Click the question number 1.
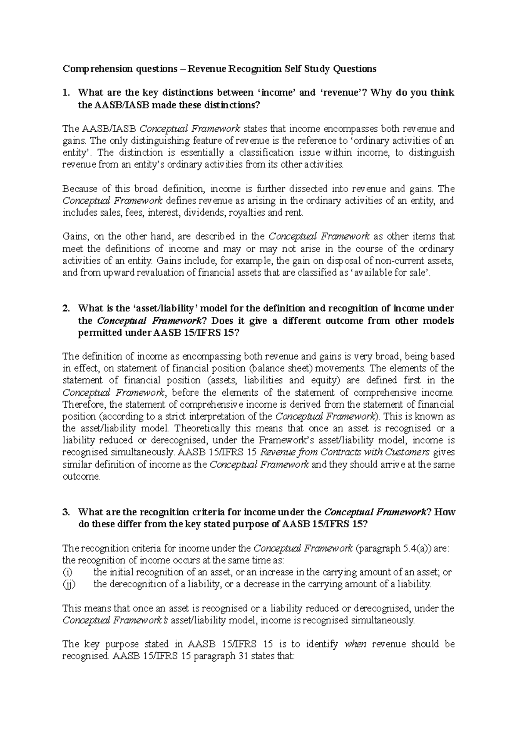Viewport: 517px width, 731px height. coord(65,93)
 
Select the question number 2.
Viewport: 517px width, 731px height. coord(65,308)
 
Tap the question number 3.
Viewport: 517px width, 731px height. coord(65,512)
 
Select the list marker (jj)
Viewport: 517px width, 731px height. coord(68,584)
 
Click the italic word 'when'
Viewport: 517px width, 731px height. coord(355,644)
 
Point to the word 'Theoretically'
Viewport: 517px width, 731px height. coord(200,429)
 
